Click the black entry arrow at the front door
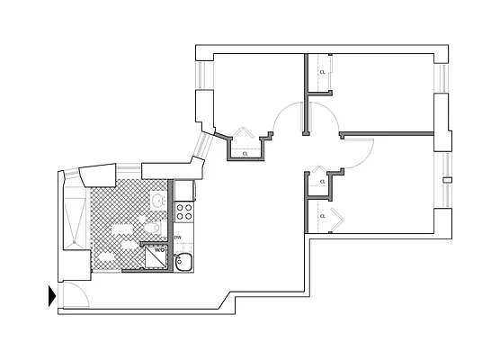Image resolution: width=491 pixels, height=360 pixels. tap(52, 294)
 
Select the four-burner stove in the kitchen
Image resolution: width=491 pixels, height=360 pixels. tap(184, 212)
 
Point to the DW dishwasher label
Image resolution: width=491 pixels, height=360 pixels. tap(178, 238)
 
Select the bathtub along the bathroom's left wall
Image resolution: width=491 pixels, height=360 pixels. tap(74, 214)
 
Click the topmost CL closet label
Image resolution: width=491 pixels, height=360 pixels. tap(322, 72)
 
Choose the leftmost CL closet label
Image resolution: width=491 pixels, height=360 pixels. tap(245, 154)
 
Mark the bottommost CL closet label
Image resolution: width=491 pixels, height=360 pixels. tap(322, 215)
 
